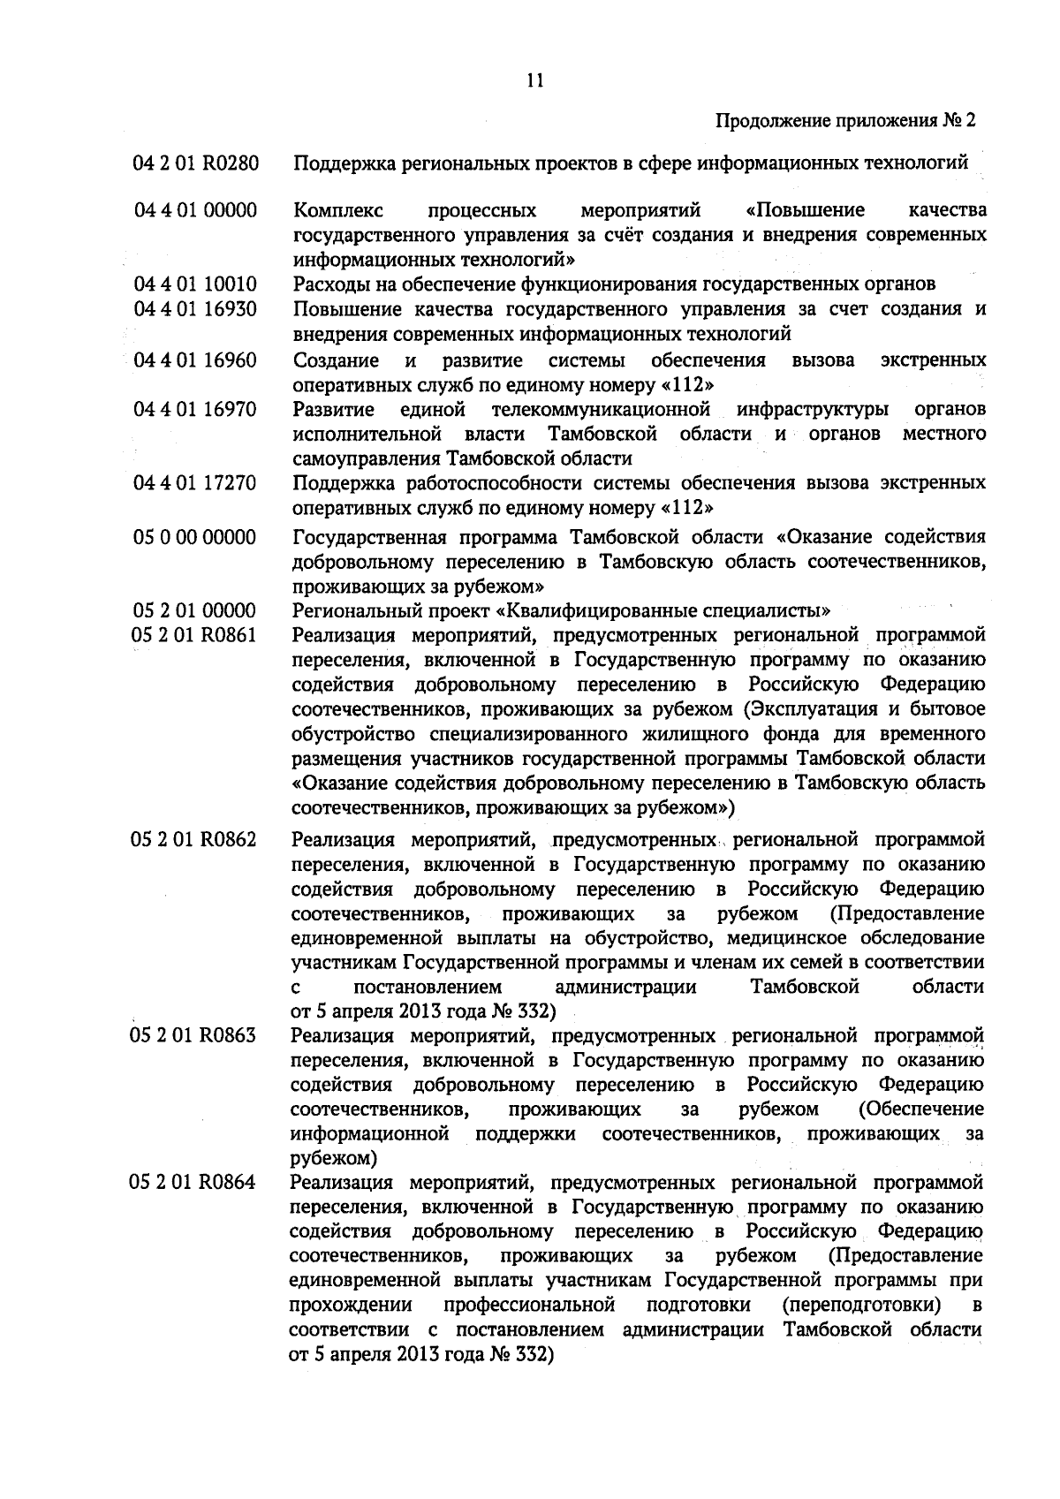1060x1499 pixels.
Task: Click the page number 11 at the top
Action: [x=534, y=80]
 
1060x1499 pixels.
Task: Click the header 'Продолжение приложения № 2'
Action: [x=846, y=120]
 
